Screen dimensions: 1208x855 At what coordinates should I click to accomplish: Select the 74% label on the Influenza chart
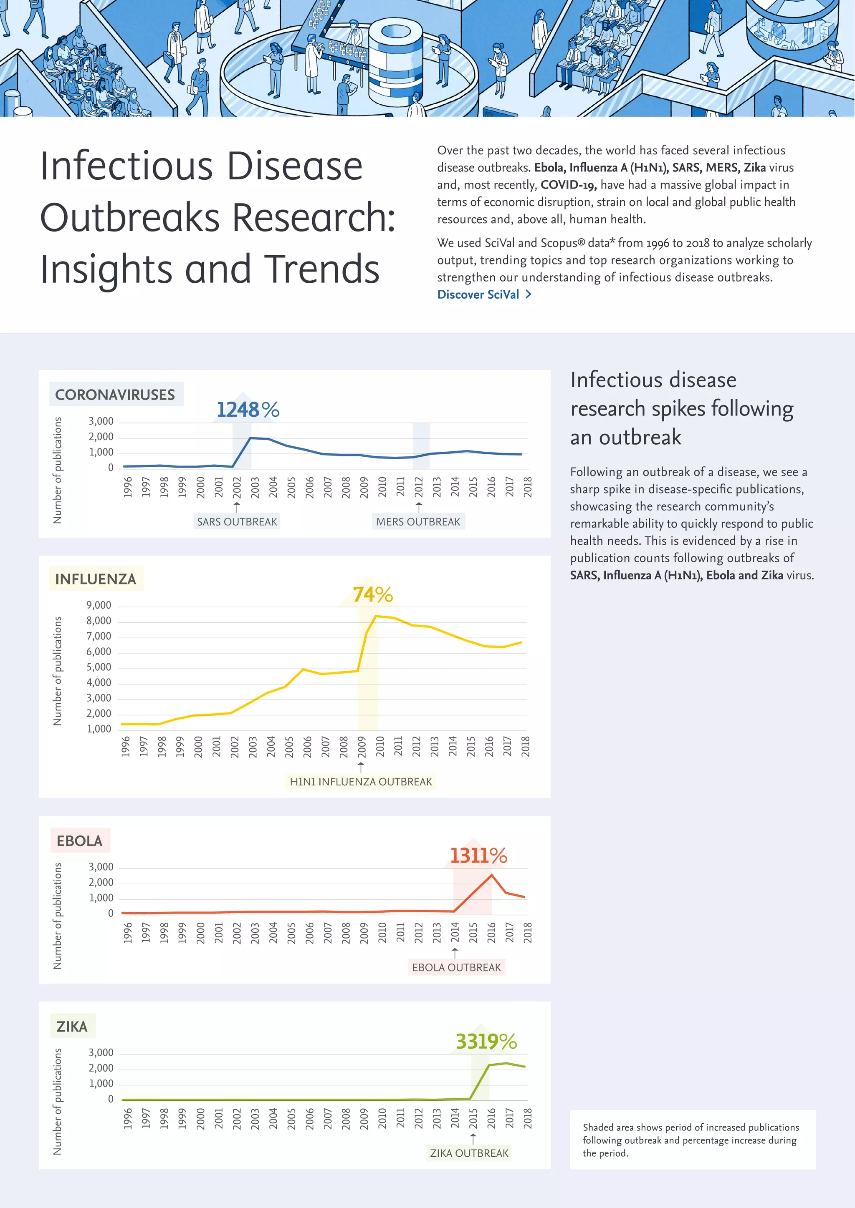coord(373,594)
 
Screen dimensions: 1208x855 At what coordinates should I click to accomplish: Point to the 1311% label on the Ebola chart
coord(478,856)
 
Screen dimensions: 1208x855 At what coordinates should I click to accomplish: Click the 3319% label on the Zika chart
coord(486,1041)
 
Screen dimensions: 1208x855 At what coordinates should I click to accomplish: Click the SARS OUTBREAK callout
coord(237,521)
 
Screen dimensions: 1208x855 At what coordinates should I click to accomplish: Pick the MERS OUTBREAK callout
coord(418,521)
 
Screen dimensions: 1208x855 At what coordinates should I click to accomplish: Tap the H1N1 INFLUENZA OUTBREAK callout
coord(361,781)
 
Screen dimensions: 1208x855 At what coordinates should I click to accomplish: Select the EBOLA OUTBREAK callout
coord(456,967)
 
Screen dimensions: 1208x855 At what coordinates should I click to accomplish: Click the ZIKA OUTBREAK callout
coord(469,1153)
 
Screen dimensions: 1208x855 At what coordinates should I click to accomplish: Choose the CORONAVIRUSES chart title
coord(115,395)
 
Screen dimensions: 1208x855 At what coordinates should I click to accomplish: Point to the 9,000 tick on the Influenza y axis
coord(99,606)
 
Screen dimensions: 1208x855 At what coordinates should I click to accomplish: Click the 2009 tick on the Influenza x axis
coord(361,747)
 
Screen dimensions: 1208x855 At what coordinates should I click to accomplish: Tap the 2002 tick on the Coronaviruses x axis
coord(237,487)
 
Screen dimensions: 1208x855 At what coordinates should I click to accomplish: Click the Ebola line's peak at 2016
coord(492,874)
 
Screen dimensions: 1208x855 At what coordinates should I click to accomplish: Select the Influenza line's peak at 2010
coord(376,616)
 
